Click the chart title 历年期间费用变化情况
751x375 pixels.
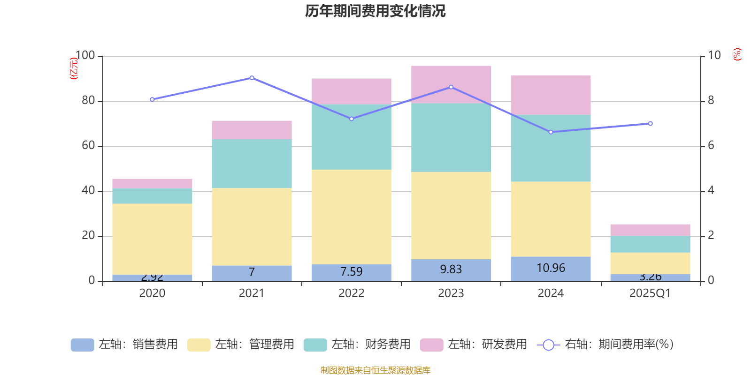click(x=375, y=11)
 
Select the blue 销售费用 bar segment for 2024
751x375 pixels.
click(x=551, y=269)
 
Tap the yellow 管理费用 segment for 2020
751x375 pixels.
click(x=152, y=239)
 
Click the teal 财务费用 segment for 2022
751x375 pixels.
click(x=351, y=137)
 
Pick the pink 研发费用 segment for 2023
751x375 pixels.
click(x=451, y=84)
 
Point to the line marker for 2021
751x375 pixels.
click(x=252, y=78)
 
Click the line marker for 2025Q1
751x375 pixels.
click(x=650, y=124)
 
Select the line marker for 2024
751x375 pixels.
click(x=551, y=132)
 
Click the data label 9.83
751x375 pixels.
click(x=451, y=270)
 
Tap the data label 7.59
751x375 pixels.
click(x=351, y=272)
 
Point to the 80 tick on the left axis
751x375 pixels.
click(x=88, y=101)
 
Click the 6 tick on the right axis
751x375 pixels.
click(x=711, y=146)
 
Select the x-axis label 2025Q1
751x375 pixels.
click(x=650, y=293)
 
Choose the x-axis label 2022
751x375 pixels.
click(x=351, y=293)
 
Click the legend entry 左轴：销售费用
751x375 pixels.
click(x=125, y=345)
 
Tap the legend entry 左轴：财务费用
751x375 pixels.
click(x=358, y=345)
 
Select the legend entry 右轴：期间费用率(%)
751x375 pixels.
click(x=605, y=345)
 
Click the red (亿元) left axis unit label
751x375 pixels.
click(x=74, y=68)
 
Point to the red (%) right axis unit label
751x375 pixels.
click(x=737, y=54)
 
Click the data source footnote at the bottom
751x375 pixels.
click(x=375, y=370)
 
